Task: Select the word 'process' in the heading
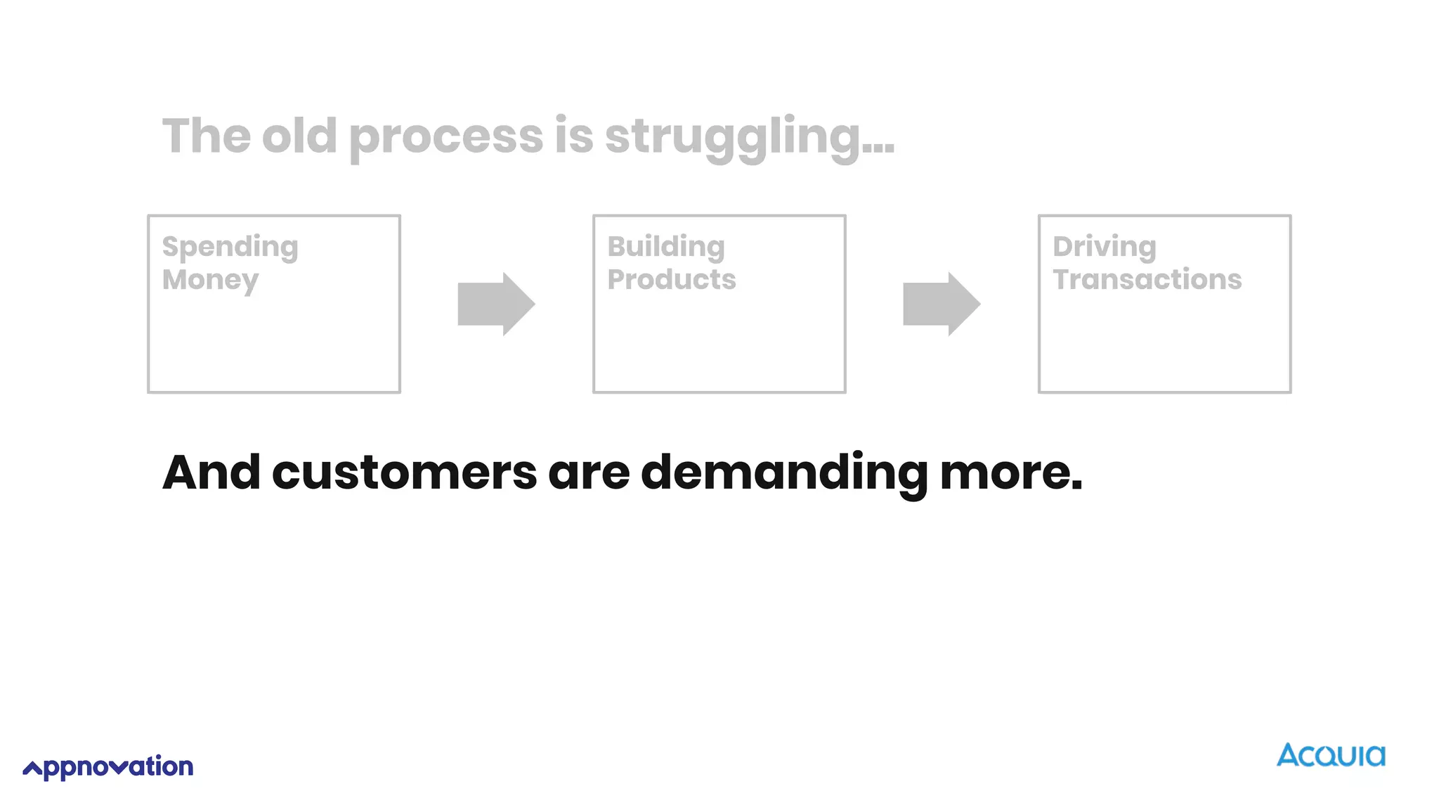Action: (445, 138)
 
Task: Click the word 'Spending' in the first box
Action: (230, 247)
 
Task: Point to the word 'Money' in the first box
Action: (210, 281)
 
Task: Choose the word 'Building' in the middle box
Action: (665, 247)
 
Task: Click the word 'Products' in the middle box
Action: (671, 280)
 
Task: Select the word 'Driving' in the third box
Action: (1104, 247)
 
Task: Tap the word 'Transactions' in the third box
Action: (1147, 280)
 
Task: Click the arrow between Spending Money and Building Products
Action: (496, 304)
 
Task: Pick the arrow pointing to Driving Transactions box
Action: (942, 304)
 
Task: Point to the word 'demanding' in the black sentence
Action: (784, 473)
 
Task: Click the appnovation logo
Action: (108, 767)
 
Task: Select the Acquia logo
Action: (1331, 755)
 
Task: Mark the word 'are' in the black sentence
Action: (589, 473)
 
